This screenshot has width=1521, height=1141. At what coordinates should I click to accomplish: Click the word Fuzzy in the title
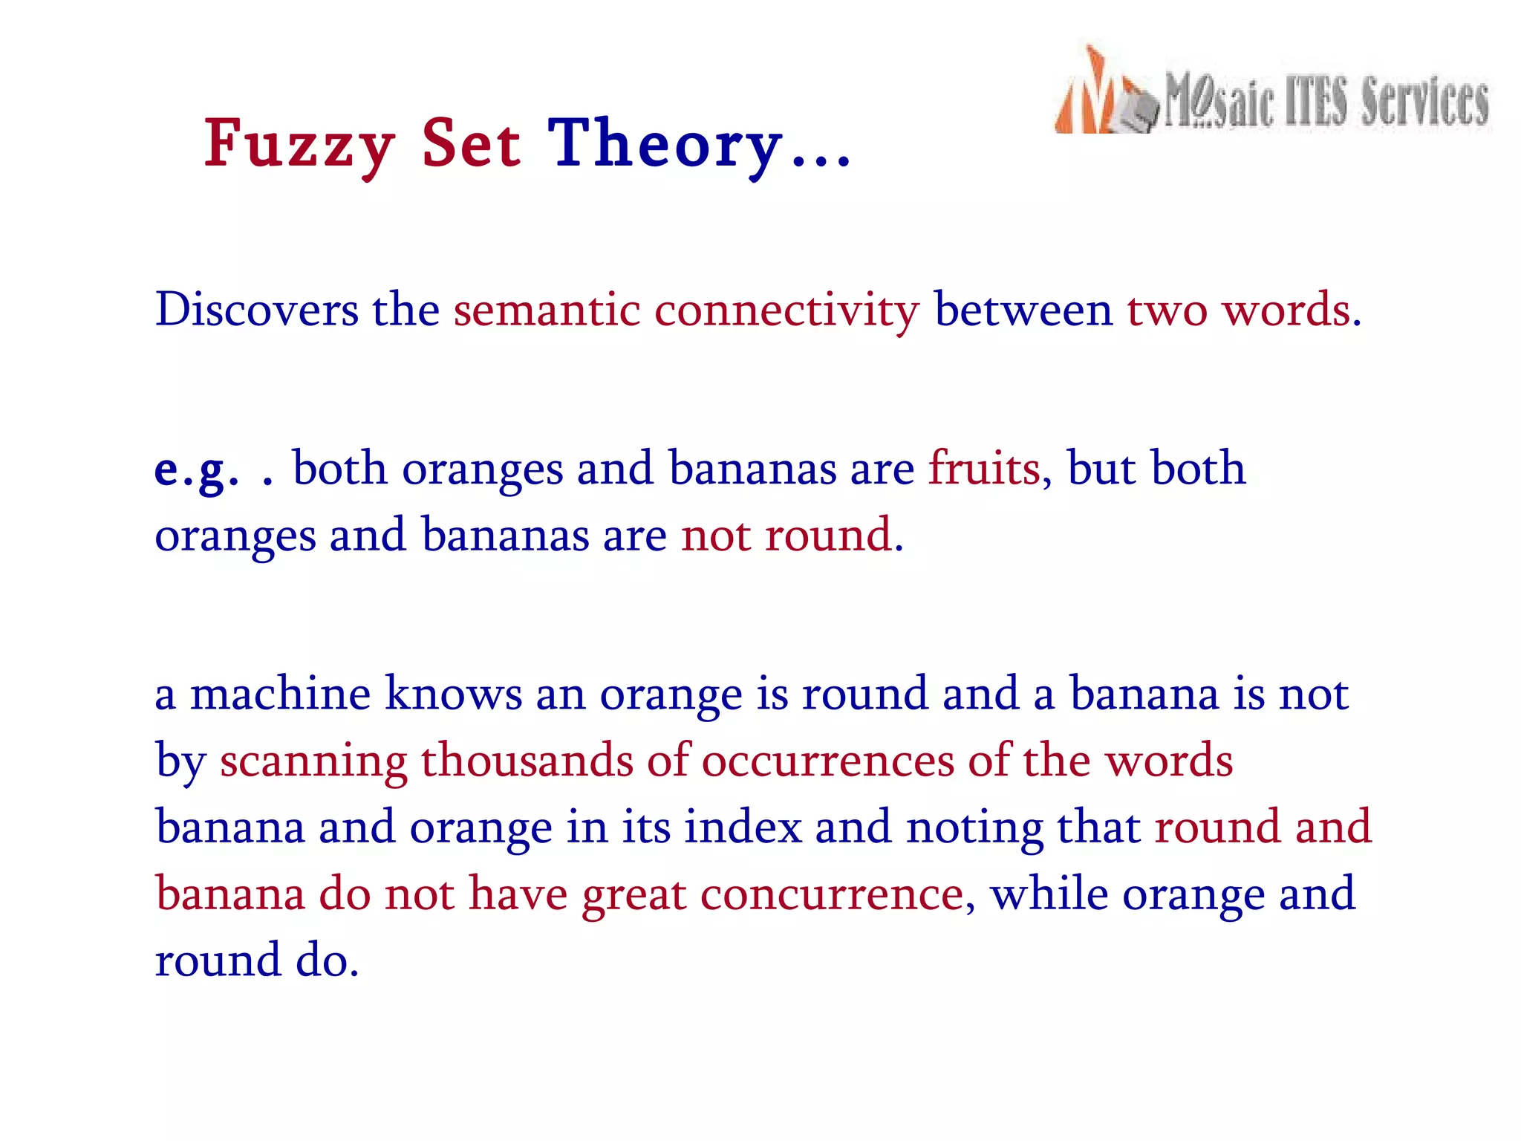coord(299,145)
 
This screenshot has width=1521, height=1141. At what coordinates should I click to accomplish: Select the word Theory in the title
coord(665,145)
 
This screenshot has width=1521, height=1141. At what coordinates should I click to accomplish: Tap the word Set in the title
coord(472,145)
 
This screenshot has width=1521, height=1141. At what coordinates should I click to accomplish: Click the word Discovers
coord(256,310)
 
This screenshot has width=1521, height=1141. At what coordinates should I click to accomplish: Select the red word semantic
coord(547,310)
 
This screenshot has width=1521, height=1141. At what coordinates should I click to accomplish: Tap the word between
coord(1023,310)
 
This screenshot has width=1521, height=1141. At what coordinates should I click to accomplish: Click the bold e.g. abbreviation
coord(197,470)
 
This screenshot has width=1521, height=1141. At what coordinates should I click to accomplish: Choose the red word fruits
coord(985,469)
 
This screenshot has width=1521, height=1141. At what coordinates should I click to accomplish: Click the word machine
coord(280,694)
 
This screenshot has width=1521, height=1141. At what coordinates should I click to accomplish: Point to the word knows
coord(454,694)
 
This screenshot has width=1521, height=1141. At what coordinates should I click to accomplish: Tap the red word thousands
coord(527,761)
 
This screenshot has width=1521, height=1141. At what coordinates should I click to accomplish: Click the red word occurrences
coord(828,762)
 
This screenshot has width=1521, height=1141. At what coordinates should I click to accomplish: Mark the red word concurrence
coord(832,894)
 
